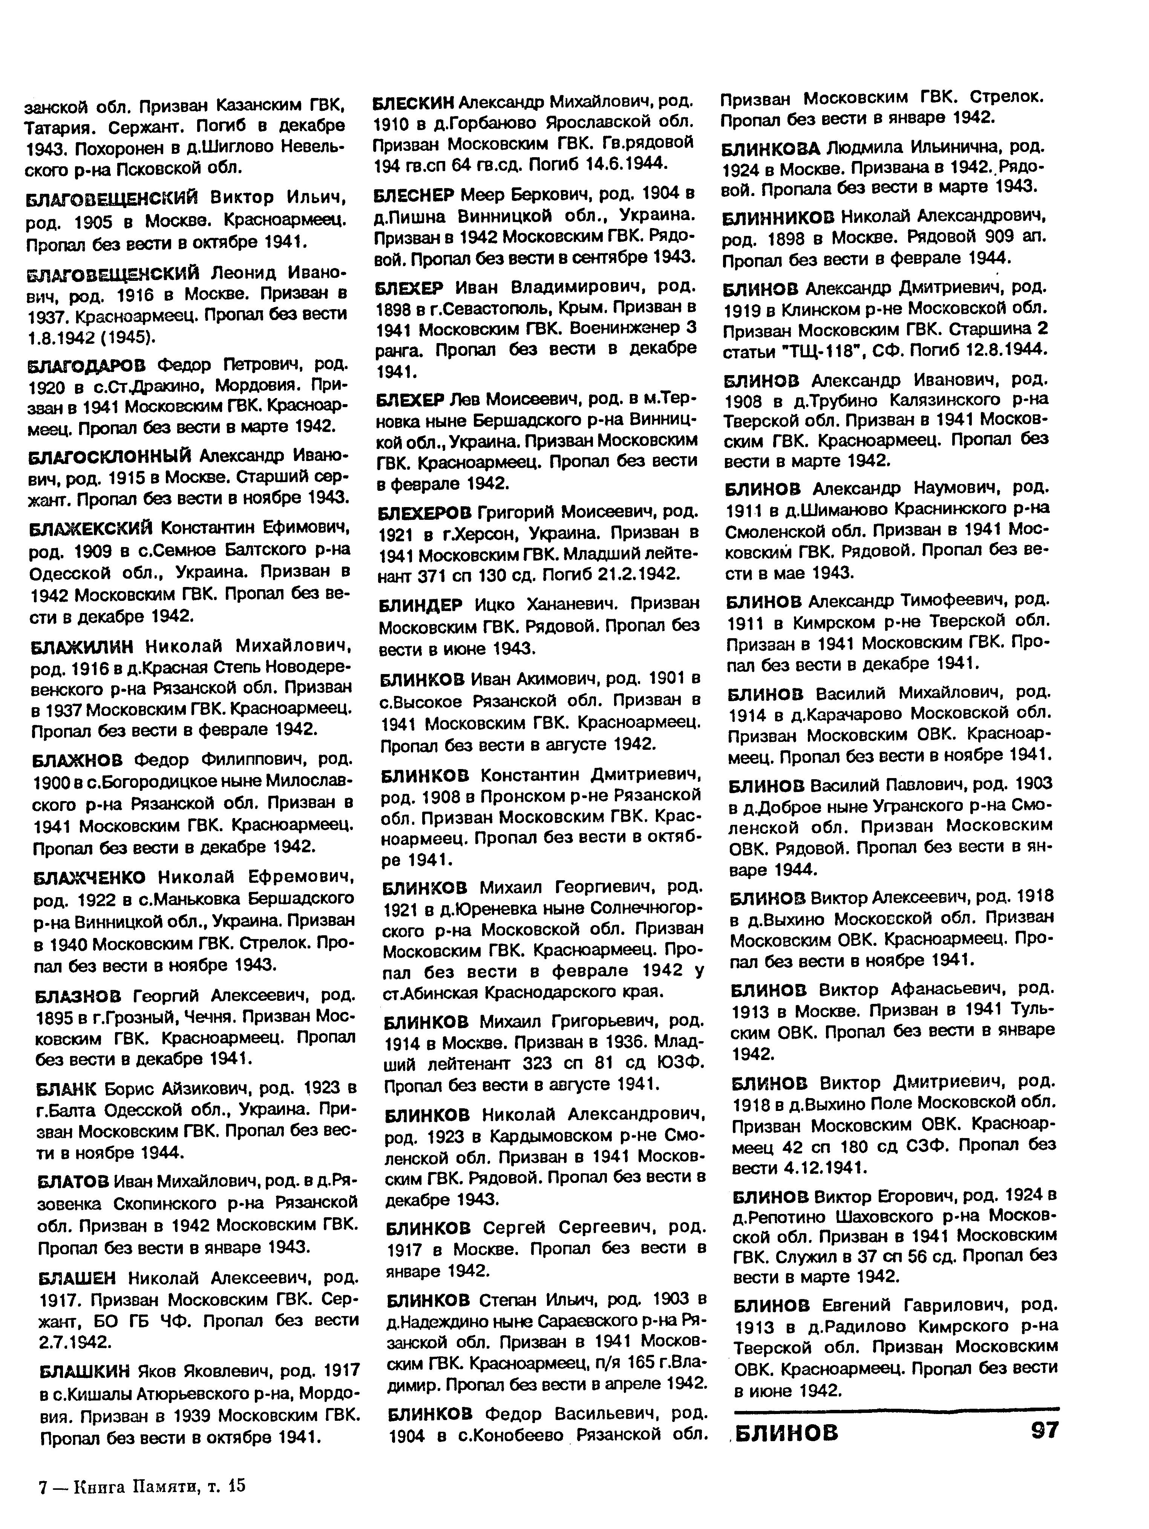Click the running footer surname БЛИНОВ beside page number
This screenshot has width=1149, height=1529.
(785, 1431)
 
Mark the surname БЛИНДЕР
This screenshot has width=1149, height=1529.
(420, 605)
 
